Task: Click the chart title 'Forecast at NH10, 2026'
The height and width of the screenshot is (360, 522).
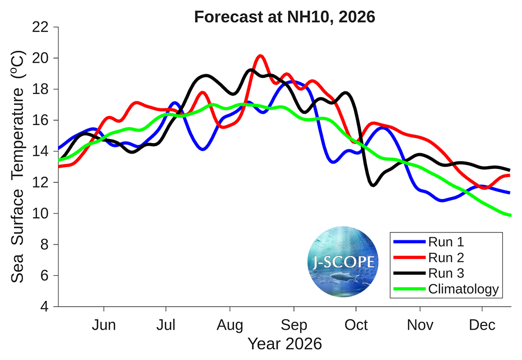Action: (284, 17)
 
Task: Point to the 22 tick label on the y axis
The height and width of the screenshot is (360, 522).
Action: (40, 27)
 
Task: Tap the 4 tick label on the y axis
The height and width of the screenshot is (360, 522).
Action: (44, 306)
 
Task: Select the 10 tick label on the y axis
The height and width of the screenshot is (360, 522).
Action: (40, 213)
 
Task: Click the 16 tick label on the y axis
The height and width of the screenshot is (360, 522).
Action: (40, 120)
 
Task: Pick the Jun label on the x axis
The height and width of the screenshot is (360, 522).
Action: (104, 325)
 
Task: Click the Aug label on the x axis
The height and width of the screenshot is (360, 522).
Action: (230, 326)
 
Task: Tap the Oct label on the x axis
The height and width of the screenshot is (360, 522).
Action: (356, 325)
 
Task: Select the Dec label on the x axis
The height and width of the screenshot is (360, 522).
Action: (482, 325)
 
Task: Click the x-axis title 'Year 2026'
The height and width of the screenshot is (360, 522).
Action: (285, 344)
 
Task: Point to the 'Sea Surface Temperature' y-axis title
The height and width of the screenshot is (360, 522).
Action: (18, 167)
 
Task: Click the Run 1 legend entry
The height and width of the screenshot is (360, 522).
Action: (429, 242)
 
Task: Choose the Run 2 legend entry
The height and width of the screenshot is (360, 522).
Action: (429, 258)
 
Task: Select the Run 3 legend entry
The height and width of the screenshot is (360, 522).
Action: (429, 273)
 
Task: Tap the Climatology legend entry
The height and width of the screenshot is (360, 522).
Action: (446, 289)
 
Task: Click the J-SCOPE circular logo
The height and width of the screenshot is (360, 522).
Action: (343, 262)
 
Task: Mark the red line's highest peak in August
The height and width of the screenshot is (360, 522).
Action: (260, 56)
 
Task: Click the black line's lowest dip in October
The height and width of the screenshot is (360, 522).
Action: (373, 185)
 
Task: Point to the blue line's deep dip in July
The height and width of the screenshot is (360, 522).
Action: (203, 149)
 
